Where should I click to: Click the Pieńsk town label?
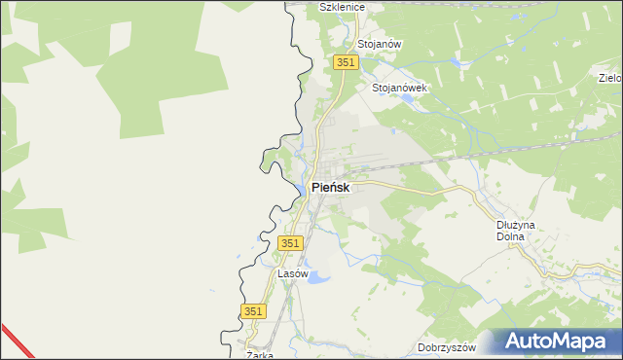[330, 187]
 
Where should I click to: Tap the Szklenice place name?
[342, 7]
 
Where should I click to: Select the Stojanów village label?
[380, 45]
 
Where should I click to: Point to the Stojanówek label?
[400, 87]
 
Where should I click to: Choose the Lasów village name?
[293, 274]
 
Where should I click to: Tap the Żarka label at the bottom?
[259, 355]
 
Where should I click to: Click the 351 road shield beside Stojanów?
[347, 62]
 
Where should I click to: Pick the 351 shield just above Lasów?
[290, 243]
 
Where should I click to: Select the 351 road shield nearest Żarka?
[253, 310]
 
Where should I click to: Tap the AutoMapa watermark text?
[563, 342]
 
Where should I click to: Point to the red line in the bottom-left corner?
[15, 341]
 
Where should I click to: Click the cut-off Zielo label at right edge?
[610, 78]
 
